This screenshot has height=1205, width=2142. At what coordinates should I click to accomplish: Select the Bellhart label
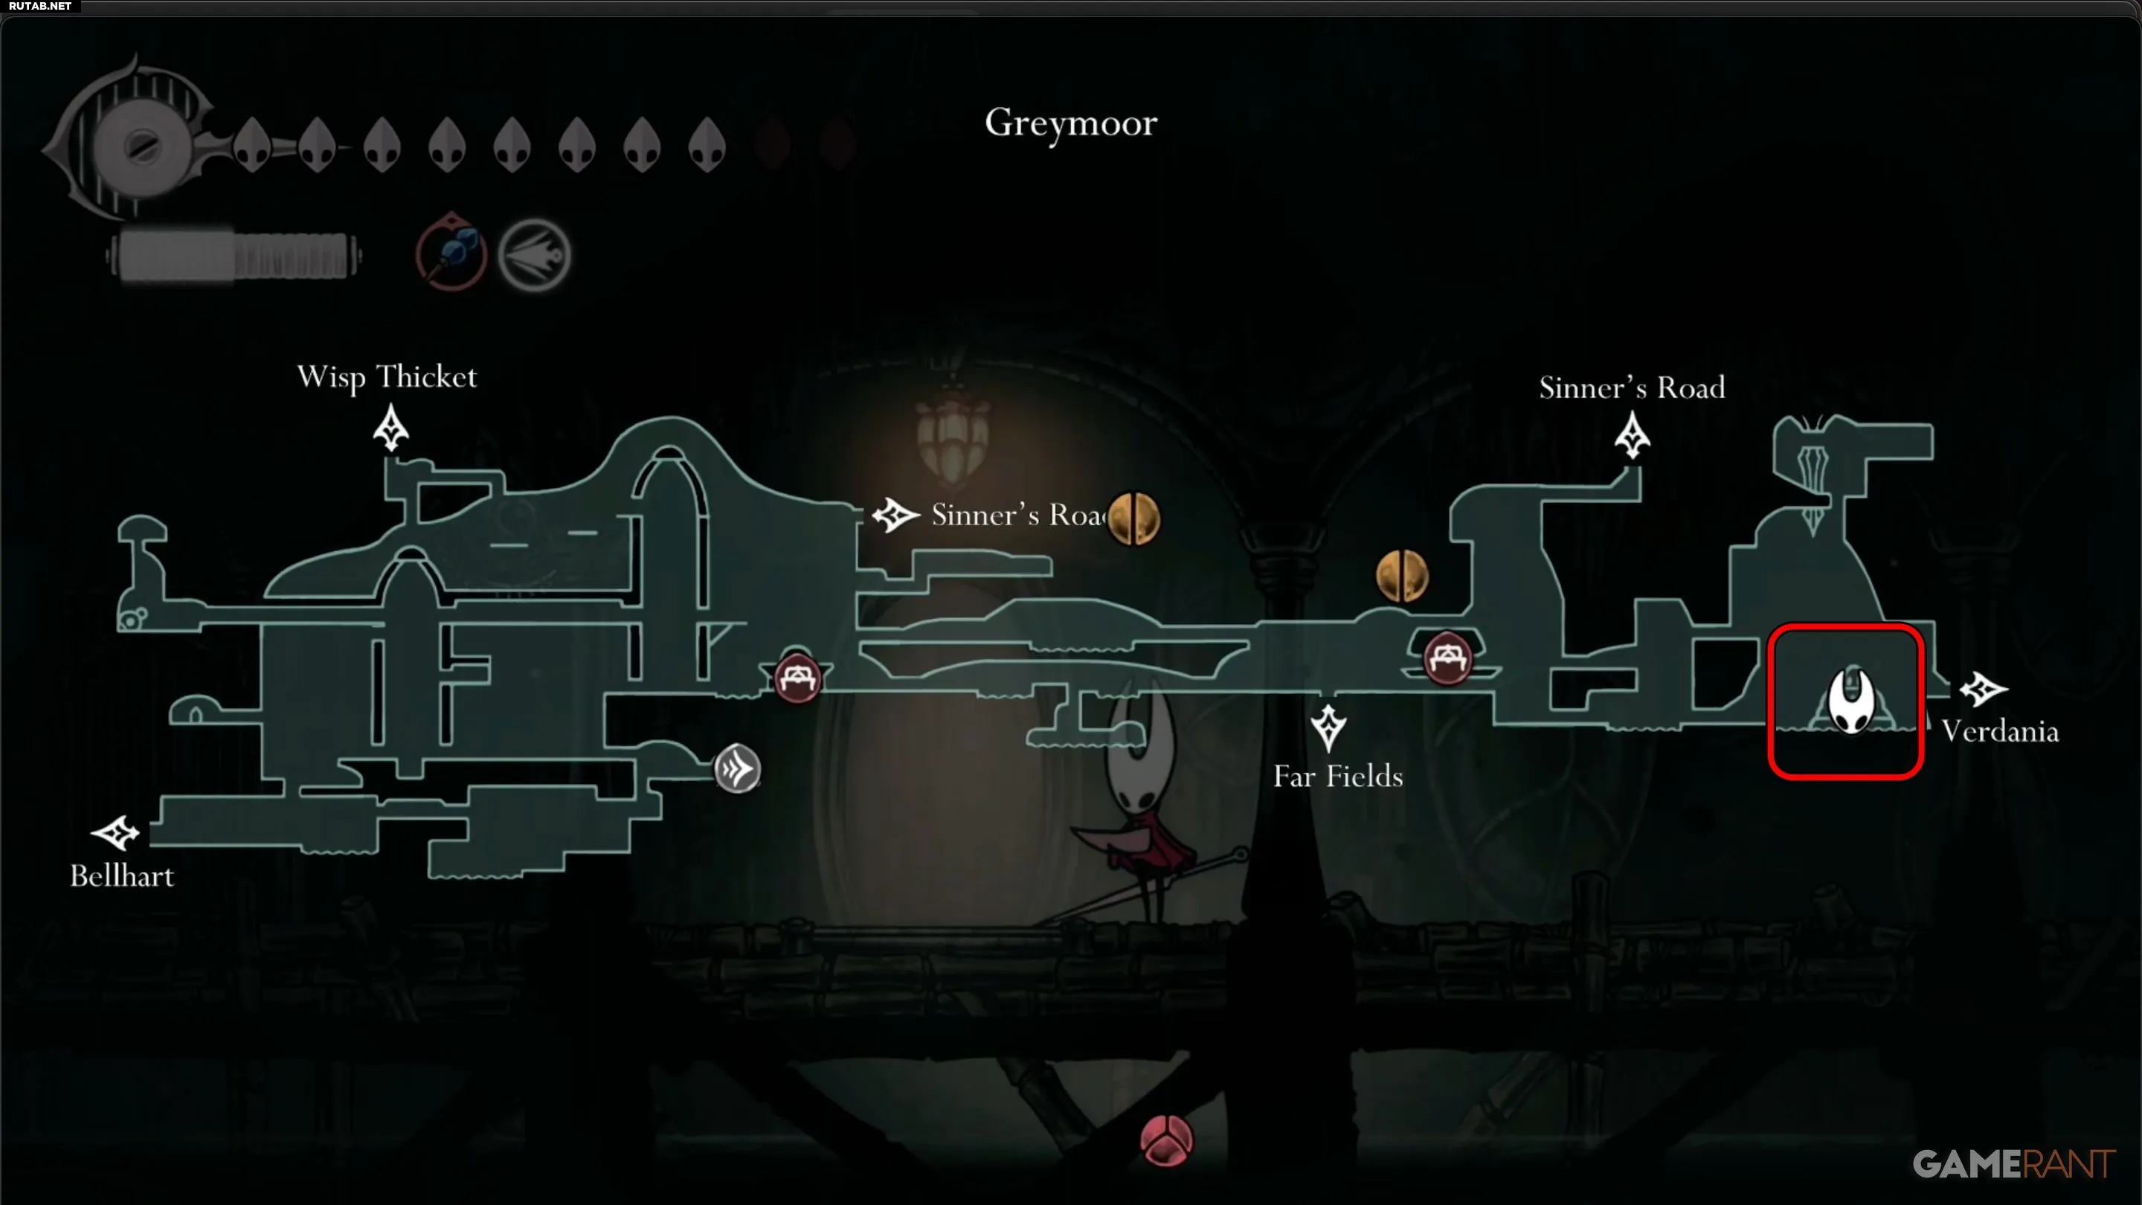[x=122, y=875]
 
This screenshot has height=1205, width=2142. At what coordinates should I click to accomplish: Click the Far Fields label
[x=1338, y=776]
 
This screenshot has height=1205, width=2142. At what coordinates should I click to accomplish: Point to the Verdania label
[x=2000, y=731]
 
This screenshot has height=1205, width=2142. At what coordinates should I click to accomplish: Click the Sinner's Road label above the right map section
[x=1632, y=388]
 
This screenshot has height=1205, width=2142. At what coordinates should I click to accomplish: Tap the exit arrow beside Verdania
[x=1983, y=689]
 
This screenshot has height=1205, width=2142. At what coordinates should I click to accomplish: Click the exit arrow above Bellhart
[x=115, y=832]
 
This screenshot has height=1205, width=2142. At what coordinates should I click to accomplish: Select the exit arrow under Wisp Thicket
[x=390, y=428]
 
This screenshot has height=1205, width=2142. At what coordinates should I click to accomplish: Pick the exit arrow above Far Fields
[x=1328, y=727]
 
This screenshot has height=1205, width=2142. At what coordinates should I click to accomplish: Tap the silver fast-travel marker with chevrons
[x=737, y=768]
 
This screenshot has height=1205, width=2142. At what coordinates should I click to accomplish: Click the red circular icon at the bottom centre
[x=1167, y=1140]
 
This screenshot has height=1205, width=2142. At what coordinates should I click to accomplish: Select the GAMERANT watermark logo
[x=2014, y=1163]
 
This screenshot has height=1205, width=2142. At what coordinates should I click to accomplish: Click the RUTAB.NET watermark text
[x=40, y=6]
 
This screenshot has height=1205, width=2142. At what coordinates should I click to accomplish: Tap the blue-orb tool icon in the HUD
[x=451, y=254]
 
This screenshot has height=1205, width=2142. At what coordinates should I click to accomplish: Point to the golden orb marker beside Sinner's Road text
[x=1133, y=518]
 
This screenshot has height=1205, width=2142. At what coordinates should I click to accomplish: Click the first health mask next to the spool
[x=252, y=145]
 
